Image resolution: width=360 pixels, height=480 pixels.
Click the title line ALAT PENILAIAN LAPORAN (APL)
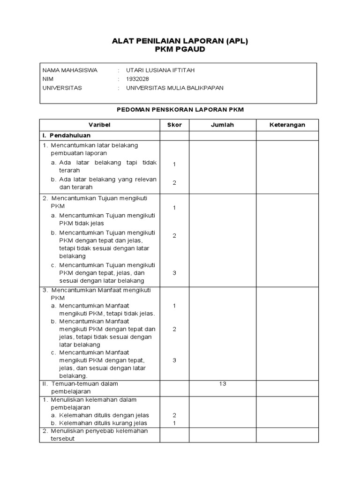click(x=180, y=41)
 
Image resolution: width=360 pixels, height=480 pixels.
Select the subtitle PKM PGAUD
click(x=180, y=50)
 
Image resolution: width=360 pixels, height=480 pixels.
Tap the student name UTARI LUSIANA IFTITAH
click(x=157, y=70)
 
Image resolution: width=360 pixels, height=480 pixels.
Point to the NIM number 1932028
click(x=135, y=79)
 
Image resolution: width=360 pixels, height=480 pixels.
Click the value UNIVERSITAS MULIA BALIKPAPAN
click(x=172, y=88)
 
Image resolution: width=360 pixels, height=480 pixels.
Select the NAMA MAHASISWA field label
click(x=70, y=70)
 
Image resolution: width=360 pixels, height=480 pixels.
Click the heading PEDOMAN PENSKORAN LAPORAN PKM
click(x=180, y=109)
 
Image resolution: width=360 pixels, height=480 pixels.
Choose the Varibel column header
click(x=99, y=125)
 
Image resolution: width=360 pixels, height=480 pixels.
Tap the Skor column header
click(x=174, y=125)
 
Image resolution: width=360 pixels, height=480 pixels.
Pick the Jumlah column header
click(x=222, y=125)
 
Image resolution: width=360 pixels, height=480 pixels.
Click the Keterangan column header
click(x=287, y=125)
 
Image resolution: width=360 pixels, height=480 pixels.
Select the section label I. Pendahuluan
click(x=66, y=135)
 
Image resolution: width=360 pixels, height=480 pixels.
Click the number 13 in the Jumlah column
click(x=222, y=383)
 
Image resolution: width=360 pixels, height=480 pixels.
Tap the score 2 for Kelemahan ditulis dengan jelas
click(x=174, y=415)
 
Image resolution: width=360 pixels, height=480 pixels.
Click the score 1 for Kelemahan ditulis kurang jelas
click(x=174, y=423)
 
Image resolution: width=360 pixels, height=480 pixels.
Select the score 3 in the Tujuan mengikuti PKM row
click(x=174, y=273)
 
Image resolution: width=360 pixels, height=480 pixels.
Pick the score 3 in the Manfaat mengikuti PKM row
click(x=174, y=360)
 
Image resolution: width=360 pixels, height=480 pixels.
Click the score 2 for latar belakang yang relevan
click(x=174, y=183)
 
